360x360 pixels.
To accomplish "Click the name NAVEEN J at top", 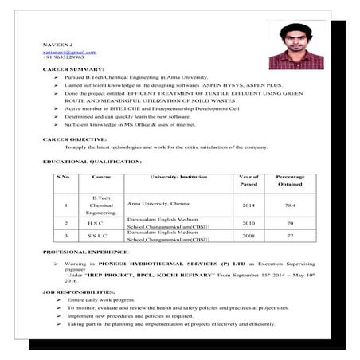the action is click(x=58, y=45).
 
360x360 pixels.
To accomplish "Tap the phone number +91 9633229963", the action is click(x=63, y=57).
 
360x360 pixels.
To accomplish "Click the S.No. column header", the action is click(x=65, y=177).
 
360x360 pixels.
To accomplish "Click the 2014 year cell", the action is click(x=248, y=205).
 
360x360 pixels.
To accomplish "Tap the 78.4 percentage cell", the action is click(x=290, y=205).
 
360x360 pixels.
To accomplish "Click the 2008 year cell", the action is click(x=248, y=237).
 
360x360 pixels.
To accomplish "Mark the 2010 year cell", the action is click(x=248, y=224).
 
